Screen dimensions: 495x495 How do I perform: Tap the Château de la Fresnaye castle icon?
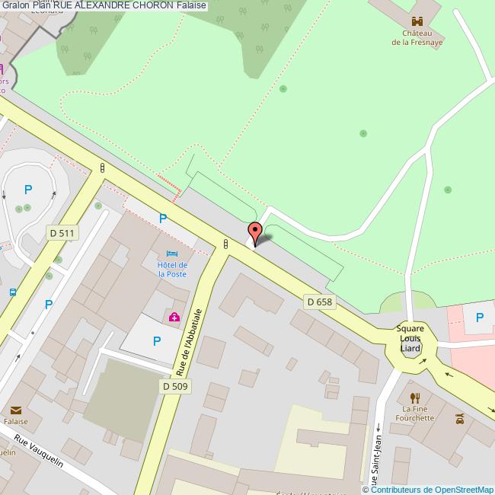coord(416,21)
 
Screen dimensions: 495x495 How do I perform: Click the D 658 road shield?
coord(320,302)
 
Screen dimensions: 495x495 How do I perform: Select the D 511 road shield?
coord(62,232)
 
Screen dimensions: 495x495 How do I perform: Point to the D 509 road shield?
coord(174,386)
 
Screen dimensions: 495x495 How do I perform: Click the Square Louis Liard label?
coord(410,339)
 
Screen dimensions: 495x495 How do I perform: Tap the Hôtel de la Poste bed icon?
coord(172,253)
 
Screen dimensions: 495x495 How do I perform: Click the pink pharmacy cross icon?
coord(174,317)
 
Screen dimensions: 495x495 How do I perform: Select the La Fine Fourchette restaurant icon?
coord(415,398)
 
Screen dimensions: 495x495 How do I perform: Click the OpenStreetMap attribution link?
coord(431,490)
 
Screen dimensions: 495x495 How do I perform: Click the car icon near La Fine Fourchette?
coord(460,418)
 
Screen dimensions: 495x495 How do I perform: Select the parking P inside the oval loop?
coord(28,190)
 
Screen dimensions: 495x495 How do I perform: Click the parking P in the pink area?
coord(479,318)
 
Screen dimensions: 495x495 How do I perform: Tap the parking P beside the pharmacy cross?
coord(156,342)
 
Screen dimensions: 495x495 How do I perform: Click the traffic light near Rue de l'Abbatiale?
coord(225,244)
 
